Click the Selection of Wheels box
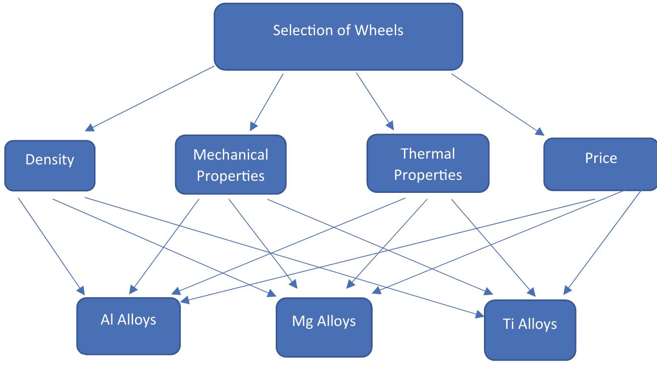click(x=338, y=37)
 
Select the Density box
click(x=50, y=165)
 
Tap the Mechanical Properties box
click(x=230, y=165)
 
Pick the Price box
click(x=600, y=164)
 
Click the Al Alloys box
click(x=128, y=326)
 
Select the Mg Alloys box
click(x=324, y=327)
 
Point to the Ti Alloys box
click(x=529, y=330)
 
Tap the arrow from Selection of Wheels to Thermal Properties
click(x=375, y=101)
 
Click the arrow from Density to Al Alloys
click(x=51, y=245)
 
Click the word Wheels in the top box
click(x=379, y=30)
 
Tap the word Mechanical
click(x=230, y=155)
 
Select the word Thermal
click(x=428, y=154)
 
